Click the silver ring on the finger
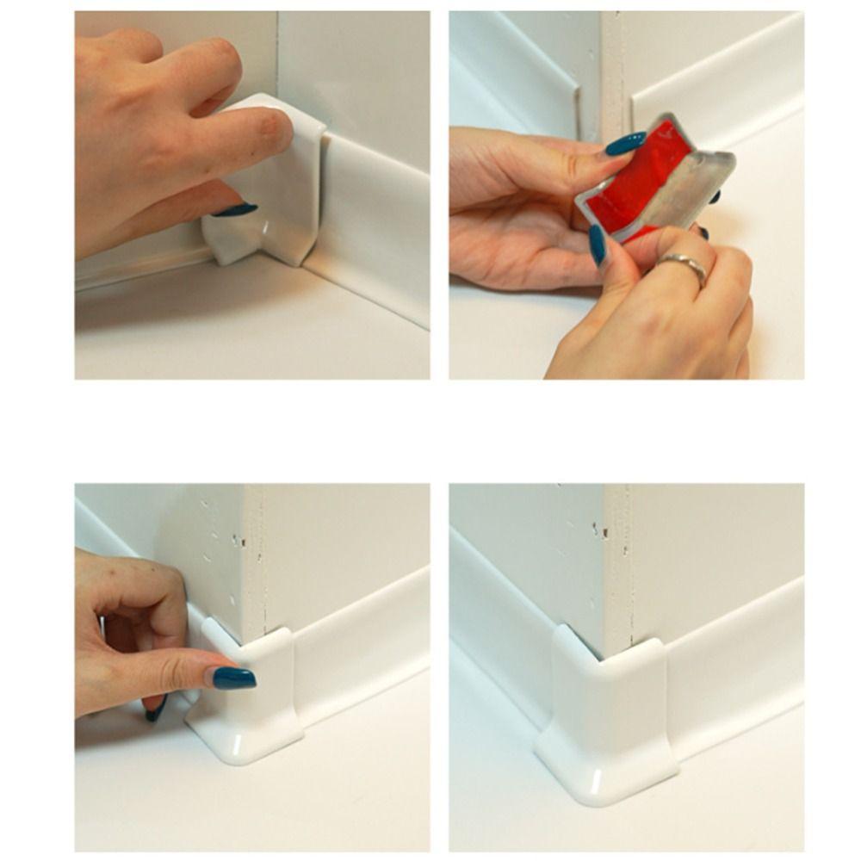coord(683,268)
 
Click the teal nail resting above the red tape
coord(625,143)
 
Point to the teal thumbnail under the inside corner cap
coord(235,209)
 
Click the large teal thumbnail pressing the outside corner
coord(234,678)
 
